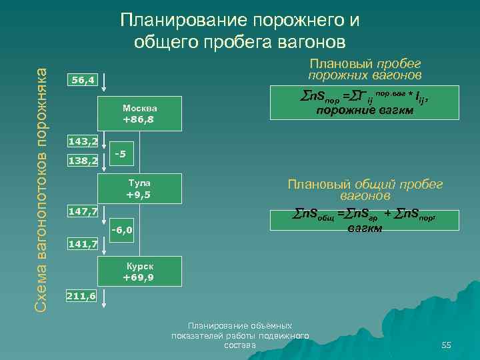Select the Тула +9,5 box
click(x=139, y=189)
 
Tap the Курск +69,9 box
click(x=139, y=271)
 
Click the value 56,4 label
click(x=83, y=81)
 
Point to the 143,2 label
click(x=83, y=141)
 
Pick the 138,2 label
click(x=83, y=161)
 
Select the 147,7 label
click(x=83, y=211)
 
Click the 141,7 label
click(x=83, y=245)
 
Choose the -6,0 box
click(x=122, y=231)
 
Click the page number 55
click(x=446, y=345)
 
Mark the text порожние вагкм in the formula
click(x=364, y=111)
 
